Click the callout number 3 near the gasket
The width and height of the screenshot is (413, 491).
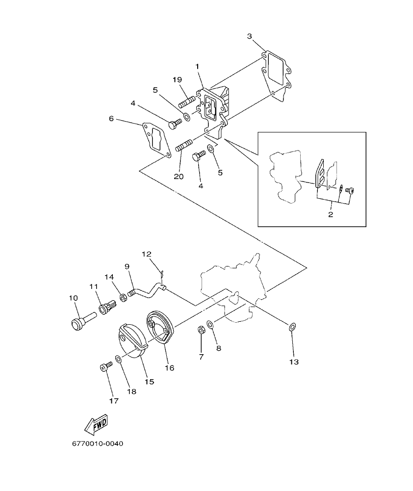pos(250,36)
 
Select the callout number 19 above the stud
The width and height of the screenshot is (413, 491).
pos(177,79)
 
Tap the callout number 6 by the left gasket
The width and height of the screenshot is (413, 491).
pos(111,119)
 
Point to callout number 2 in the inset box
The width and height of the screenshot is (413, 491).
pos(331,215)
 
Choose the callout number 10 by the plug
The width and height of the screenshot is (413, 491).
pos(73,298)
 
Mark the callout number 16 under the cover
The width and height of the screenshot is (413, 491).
pos(169,367)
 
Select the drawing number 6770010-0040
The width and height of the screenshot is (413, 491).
pos(98,444)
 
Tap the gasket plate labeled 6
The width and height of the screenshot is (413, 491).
pos(155,138)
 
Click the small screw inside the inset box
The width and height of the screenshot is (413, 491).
pos(350,190)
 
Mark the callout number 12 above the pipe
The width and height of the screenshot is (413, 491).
pos(147,254)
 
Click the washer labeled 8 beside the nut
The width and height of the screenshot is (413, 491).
pos(210,325)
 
